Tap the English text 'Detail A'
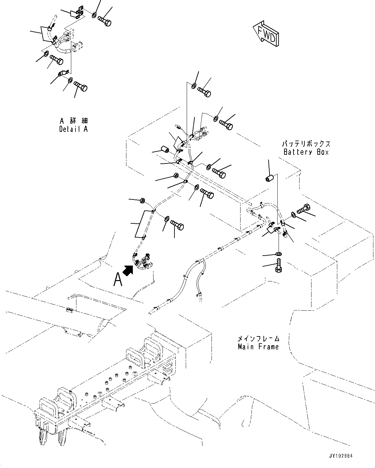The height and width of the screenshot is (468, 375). [x=73, y=129]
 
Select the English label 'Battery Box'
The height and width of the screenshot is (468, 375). [x=306, y=152]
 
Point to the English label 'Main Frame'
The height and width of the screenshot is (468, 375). [x=258, y=347]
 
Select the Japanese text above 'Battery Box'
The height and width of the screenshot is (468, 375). [x=306, y=144]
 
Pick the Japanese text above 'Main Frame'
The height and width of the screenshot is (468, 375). [x=258, y=339]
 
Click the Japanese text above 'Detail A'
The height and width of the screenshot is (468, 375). [x=74, y=121]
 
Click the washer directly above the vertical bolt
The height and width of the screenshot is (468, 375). [x=279, y=253]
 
